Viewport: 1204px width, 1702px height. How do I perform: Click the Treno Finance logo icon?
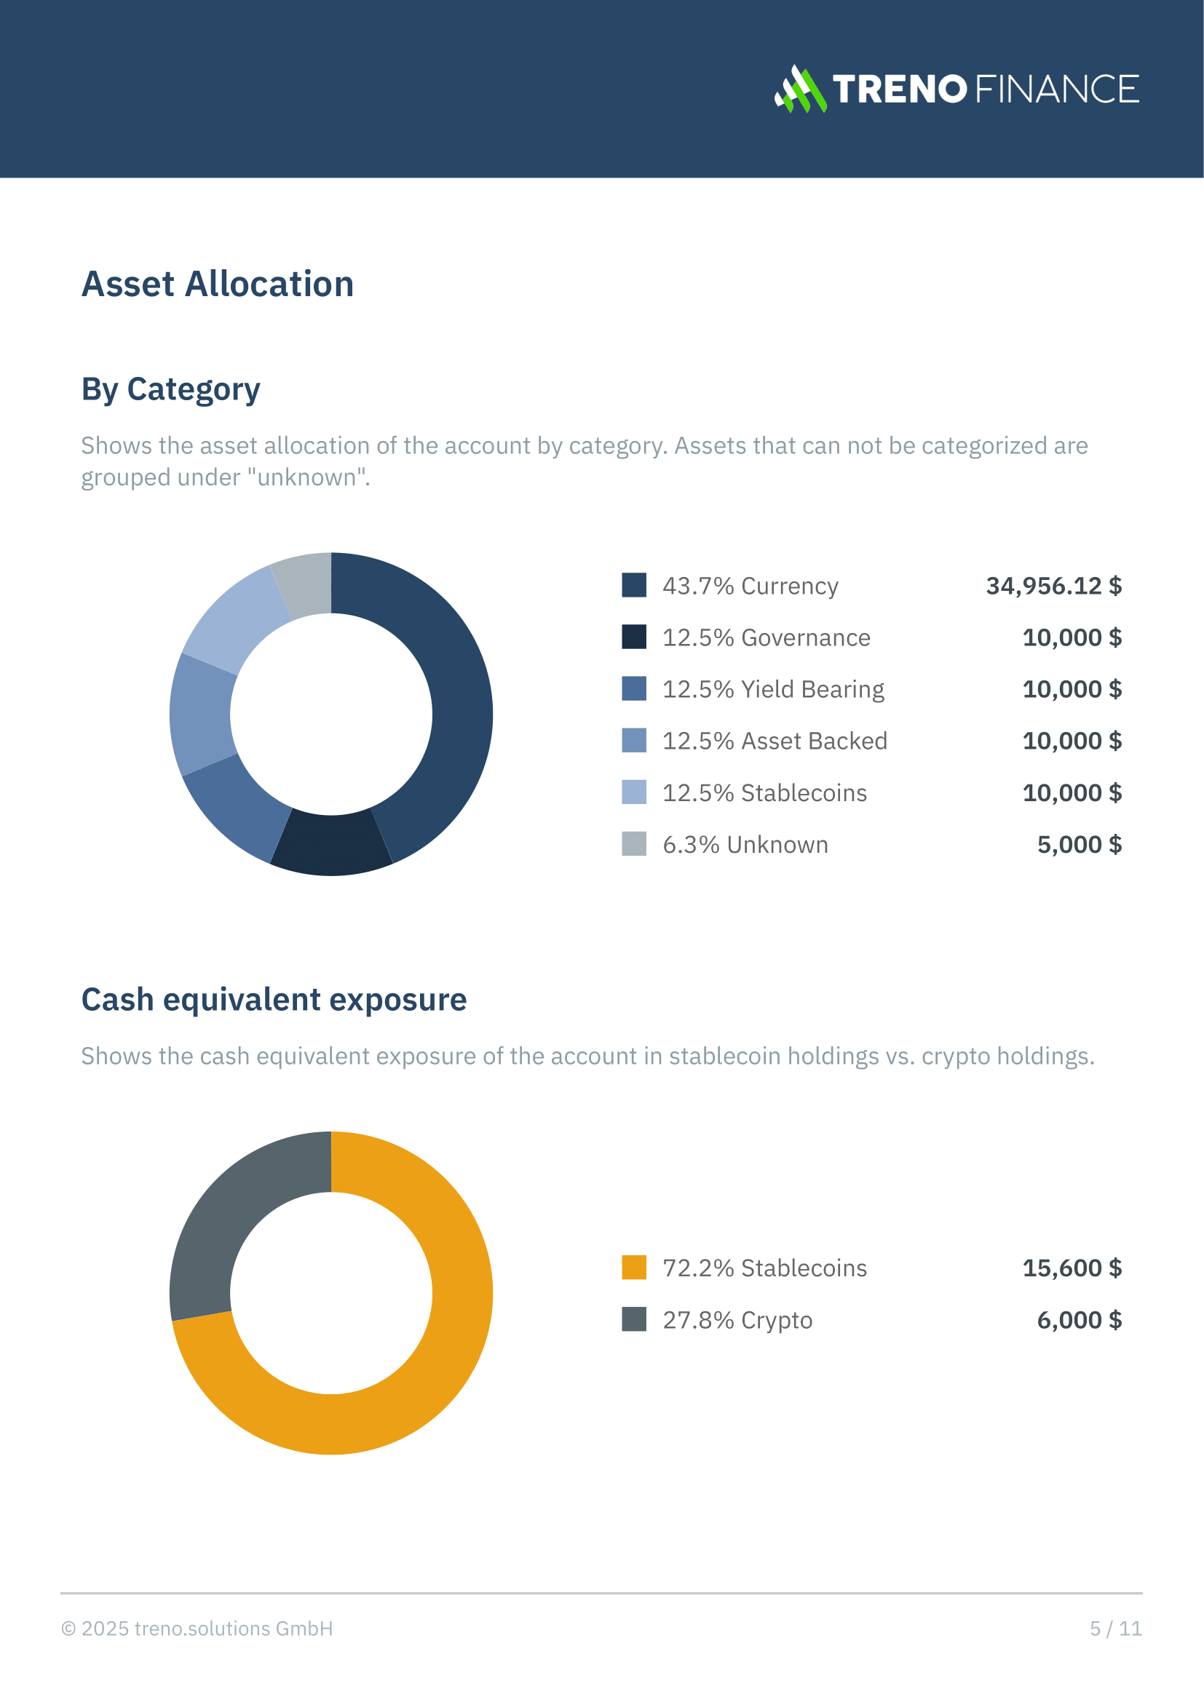tap(800, 89)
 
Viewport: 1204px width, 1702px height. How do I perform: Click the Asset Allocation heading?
tap(217, 284)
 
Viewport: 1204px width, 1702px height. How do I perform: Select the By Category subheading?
tap(170, 389)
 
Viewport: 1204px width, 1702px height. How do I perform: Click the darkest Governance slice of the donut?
tap(331, 844)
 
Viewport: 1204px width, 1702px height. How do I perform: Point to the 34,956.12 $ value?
tap(1053, 586)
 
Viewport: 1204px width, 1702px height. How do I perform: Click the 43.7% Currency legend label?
tap(750, 586)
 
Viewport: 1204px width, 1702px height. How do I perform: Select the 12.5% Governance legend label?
tap(766, 637)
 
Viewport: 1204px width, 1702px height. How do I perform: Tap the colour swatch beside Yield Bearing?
tap(634, 688)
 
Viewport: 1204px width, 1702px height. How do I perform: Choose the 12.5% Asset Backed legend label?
tap(774, 741)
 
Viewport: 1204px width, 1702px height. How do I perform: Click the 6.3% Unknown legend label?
tap(745, 844)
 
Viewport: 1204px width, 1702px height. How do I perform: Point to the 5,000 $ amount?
tap(1079, 844)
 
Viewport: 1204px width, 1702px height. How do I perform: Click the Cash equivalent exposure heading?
tap(274, 999)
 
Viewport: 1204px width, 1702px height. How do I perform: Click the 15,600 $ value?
tap(1072, 1268)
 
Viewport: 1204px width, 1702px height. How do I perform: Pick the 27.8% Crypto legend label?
tap(737, 1319)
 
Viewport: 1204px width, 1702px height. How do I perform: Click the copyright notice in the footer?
tap(197, 1629)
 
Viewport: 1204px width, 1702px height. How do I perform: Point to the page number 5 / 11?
tap(1115, 1629)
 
